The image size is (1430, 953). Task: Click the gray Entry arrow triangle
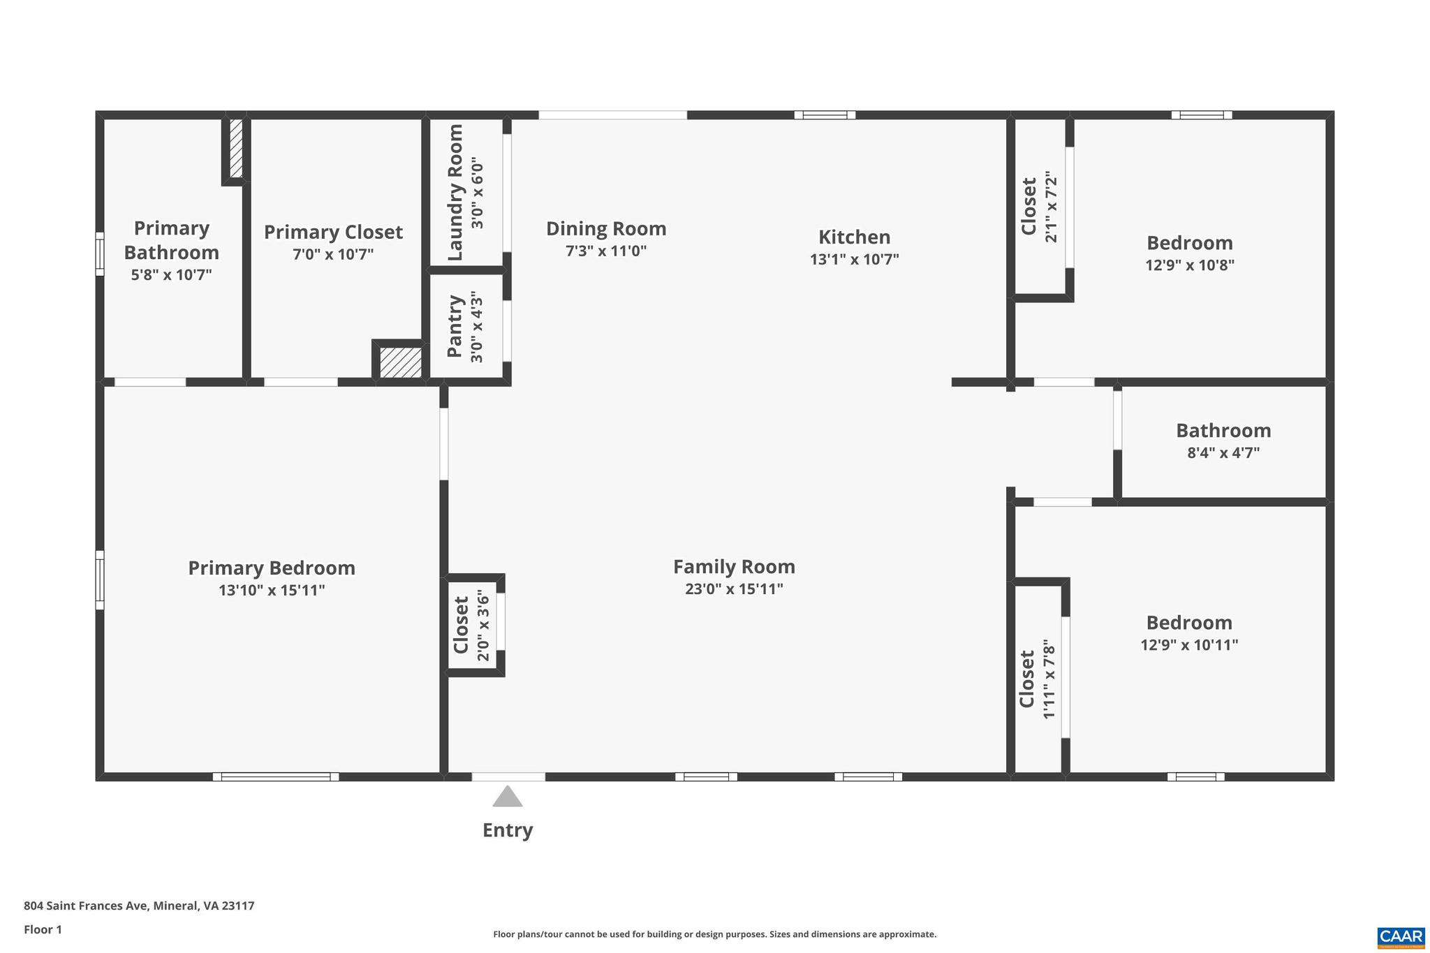[508, 798]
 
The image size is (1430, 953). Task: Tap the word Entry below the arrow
[508, 830]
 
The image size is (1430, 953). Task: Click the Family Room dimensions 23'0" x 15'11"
[734, 589]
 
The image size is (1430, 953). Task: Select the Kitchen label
[854, 237]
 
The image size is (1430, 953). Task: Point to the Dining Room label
[605, 228]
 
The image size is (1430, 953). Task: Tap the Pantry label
[455, 326]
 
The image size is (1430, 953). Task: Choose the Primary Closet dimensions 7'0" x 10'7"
[333, 254]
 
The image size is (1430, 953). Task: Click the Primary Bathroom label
[171, 239]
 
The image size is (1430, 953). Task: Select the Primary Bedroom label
[272, 568]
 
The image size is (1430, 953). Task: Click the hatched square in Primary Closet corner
[400, 363]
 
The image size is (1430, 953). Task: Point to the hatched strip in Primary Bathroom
[236, 148]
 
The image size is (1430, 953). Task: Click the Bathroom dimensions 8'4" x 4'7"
[1223, 452]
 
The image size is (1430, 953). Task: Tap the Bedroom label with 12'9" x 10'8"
[1189, 243]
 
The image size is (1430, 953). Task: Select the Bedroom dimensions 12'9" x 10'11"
[1189, 644]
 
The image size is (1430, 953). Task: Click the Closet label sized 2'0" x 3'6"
[461, 625]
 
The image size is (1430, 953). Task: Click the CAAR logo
[1401, 936]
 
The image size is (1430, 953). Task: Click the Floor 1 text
[43, 929]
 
